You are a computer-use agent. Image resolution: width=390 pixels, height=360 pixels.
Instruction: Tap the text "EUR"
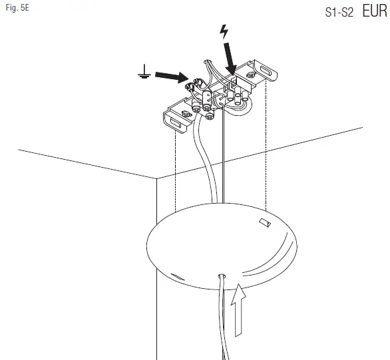point(375,11)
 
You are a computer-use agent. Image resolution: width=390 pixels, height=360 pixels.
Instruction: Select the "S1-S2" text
point(340,13)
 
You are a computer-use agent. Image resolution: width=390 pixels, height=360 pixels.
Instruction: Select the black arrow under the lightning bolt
point(230,58)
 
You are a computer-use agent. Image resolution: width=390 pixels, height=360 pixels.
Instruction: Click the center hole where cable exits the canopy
point(221,273)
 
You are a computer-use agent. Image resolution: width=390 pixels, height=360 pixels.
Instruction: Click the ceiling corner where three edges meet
point(156,178)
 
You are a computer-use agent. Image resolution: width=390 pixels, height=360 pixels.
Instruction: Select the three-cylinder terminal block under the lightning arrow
point(235,98)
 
